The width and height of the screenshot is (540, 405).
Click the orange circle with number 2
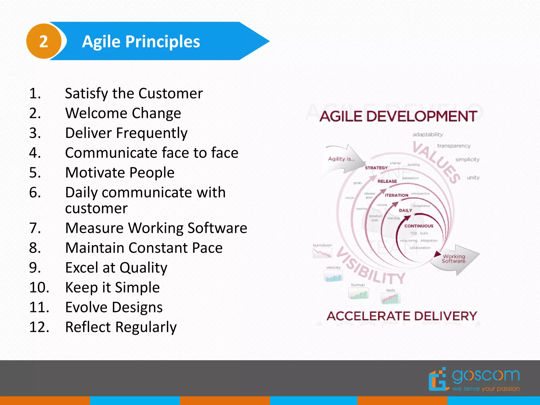click(44, 41)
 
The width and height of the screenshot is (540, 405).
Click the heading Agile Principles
click(141, 42)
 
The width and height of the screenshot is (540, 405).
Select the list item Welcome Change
click(123, 113)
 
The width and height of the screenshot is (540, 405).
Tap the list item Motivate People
click(119, 173)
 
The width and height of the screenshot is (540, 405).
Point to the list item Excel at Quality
click(116, 268)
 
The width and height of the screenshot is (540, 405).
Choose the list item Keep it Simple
click(112, 287)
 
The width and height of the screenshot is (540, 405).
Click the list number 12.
click(39, 327)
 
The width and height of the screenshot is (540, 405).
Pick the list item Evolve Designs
click(114, 307)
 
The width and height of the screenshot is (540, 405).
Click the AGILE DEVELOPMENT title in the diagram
click(398, 116)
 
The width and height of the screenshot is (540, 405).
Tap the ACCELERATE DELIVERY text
click(402, 316)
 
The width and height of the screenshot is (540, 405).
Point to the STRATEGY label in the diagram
click(376, 168)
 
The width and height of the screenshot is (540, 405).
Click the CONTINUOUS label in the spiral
click(419, 226)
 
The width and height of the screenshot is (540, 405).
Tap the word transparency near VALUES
click(454, 146)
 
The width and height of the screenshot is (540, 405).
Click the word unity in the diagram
click(473, 178)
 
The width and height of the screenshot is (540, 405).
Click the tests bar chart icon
click(391, 299)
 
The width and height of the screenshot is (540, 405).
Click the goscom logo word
click(486, 375)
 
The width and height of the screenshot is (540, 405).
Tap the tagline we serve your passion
click(486, 389)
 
